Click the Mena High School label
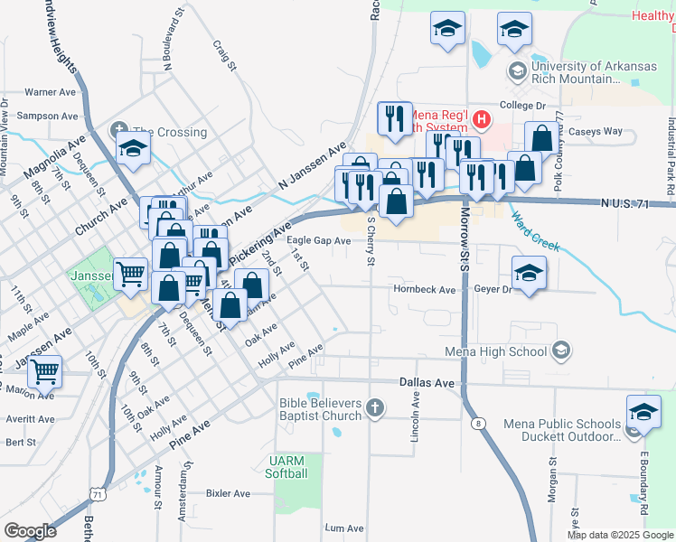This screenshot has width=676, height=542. pyautogui.click(x=498, y=350)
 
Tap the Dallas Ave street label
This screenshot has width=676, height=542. pyautogui.click(x=427, y=383)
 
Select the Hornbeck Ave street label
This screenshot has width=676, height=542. pyautogui.click(x=424, y=290)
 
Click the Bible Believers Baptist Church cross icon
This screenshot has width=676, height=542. pyautogui.click(x=375, y=409)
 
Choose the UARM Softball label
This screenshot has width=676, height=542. pyautogui.click(x=287, y=467)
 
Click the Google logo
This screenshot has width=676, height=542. pyautogui.click(x=30, y=531)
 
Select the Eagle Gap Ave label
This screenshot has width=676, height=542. pyautogui.click(x=318, y=241)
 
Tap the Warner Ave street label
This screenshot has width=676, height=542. pyautogui.click(x=51, y=92)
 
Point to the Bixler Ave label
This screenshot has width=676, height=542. pyautogui.click(x=228, y=494)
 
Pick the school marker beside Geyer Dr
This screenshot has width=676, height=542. pyautogui.click(x=530, y=272)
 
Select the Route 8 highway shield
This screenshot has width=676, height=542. pyautogui.click(x=478, y=424)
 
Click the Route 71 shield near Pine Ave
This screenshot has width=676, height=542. pyautogui.click(x=96, y=493)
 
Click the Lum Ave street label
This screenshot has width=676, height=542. pyautogui.click(x=343, y=528)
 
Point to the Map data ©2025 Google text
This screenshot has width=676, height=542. pyautogui.click(x=620, y=535)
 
